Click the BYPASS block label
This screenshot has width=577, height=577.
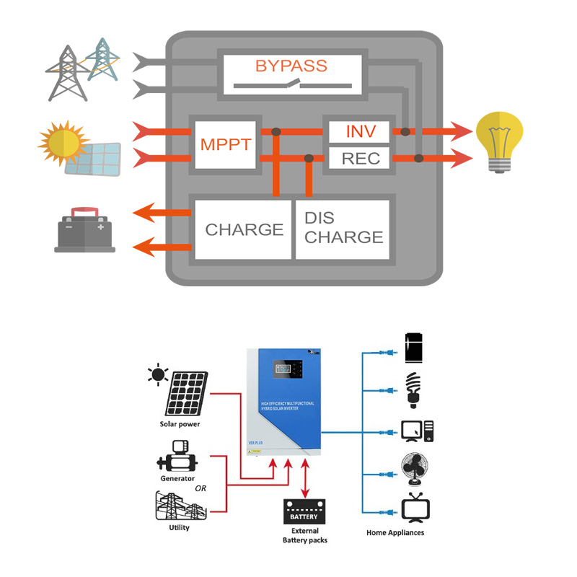pyautogui.click(x=291, y=66)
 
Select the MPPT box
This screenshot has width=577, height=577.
pyautogui.click(x=226, y=144)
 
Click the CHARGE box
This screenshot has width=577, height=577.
pyautogui.click(x=243, y=229)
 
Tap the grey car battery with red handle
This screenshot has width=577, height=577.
pyautogui.click(x=84, y=229)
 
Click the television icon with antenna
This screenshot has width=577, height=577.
pyautogui.click(x=415, y=507)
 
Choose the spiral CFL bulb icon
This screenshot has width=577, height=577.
pyautogui.click(x=414, y=388)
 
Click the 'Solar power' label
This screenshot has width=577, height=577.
pyautogui.click(x=180, y=424)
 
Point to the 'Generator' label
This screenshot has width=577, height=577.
pyautogui.click(x=177, y=478)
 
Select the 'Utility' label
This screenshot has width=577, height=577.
pyautogui.click(x=179, y=527)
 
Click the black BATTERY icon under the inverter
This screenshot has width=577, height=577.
pyautogui.click(x=304, y=514)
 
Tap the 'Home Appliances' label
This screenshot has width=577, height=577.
pyautogui.click(x=395, y=532)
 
